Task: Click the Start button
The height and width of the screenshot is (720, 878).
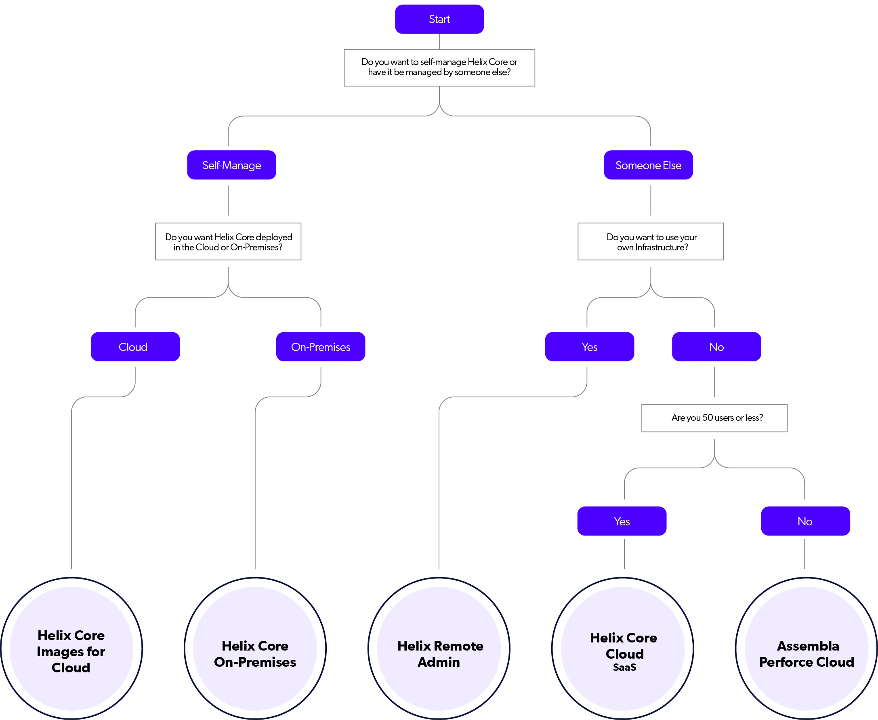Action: pos(439,19)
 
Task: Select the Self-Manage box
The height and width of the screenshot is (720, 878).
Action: pos(231,165)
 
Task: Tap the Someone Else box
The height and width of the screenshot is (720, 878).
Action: pos(648,165)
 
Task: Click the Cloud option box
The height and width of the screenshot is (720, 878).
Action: pos(135,347)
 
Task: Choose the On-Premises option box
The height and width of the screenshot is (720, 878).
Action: pos(321,347)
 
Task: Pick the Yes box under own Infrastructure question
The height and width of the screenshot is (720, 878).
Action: pos(589,347)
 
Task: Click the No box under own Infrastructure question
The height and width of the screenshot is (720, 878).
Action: pos(716,347)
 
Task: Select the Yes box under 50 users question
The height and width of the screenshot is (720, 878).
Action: pos(622,521)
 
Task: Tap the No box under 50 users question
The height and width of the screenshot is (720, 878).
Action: pos(805,521)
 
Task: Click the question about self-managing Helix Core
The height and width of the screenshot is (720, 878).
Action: pos(439,67)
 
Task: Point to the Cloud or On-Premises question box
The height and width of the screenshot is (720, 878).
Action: pos(228,242)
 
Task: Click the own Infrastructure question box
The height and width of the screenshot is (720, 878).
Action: pos(650,242)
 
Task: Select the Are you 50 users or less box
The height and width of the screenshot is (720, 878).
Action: pos(714,418)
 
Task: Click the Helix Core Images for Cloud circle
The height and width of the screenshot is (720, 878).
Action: pos(71,648)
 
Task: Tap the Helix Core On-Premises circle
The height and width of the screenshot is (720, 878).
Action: pos(255,648)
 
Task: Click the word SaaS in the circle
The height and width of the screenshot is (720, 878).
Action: pos(624,668)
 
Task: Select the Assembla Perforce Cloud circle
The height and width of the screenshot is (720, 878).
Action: pos(806,648)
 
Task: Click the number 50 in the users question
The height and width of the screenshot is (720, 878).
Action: pos(708,418)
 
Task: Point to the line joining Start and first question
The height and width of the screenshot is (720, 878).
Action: pos(439,42)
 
